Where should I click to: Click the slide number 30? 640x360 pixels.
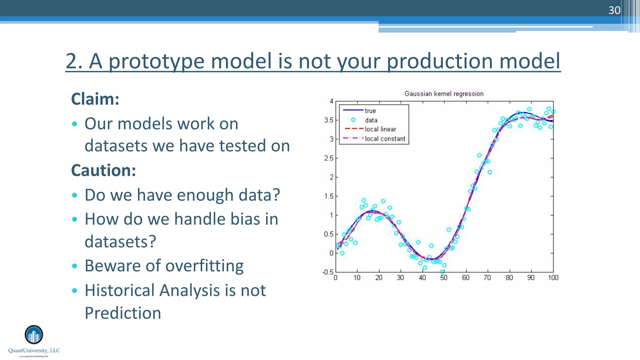pos(614,10)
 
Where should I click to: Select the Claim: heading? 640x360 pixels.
pos(95,99)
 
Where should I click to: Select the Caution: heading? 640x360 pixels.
pos(103,170)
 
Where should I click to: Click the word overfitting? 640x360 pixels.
pos(204,266)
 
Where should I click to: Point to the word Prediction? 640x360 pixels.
pos(123,313)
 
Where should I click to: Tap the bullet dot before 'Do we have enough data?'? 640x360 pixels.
pos(74,195)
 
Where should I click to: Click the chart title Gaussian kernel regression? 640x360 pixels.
pos(444,94)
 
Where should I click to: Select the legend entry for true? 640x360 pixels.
pos(370,111)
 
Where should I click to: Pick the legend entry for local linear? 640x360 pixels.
pos(380,129)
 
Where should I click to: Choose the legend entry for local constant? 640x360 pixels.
pos(385,139)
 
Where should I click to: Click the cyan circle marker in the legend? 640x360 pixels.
pos(353,120)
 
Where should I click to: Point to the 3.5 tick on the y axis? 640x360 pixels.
pos(328,120)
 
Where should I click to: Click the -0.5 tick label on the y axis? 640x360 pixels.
pos(328,272)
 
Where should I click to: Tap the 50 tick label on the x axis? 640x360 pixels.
pos(444,278)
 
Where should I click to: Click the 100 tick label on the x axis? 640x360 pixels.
pos(553,278)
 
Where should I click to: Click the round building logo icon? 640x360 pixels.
pos(34,335)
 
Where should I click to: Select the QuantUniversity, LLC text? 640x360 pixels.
pos(34,351)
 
